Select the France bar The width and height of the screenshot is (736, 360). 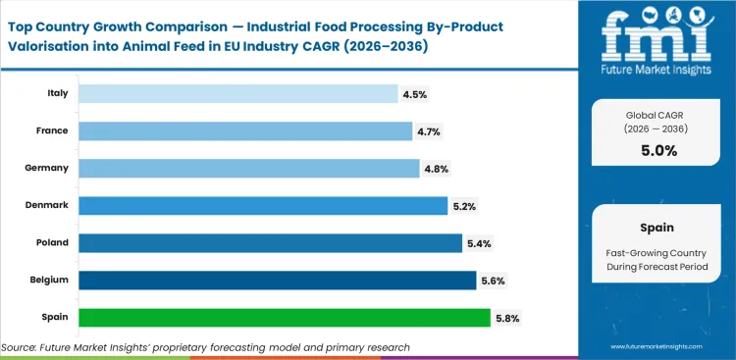(x=245, y=130)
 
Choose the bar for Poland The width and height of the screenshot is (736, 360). (x=270, y=242)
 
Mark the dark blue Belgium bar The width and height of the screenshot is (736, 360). (x=277, y=280)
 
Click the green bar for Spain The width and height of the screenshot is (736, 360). (x=284, y=317)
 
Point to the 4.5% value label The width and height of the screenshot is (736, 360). (x=414, y=94)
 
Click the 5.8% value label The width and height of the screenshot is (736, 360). (x=508, y=318)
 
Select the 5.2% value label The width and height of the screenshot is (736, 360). (x=465, y=206)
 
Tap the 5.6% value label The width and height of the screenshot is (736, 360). (x=494, y=281)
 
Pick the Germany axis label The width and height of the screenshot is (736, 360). (x=47, y=168)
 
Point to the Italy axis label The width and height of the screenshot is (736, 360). (x=57, y=93)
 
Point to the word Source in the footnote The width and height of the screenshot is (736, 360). (x=23, y=346)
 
